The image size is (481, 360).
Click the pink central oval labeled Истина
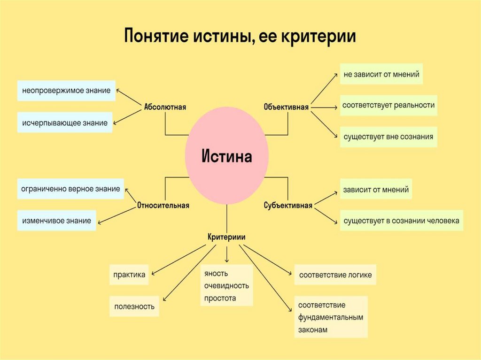[x=227, y=156]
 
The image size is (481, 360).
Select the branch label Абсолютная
[x=165, y=107]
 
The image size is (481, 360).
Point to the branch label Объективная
[x=286, y=107]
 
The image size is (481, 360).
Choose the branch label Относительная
[x=163, y=205]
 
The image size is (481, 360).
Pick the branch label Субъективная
[x=288, y=205]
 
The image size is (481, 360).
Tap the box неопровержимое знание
[x=66, y=91]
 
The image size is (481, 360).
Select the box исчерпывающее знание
[x=65, y=123]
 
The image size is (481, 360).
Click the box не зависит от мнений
[x=381, y=74]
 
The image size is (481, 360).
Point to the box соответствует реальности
[x=388, y=105]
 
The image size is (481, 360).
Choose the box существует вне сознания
[x=388, y=137]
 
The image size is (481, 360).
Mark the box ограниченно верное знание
[x=70, y=189]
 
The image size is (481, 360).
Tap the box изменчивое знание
[x=56, y=220]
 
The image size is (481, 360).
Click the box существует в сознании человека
[x=402, y=220]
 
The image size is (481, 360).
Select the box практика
[x=129, y=275]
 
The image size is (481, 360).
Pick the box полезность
[x=134, y=306]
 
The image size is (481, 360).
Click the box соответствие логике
[x=335, y=275]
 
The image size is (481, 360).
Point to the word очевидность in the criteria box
[x=226, y=285]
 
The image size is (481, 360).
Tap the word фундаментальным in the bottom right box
[x=331, y=317]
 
